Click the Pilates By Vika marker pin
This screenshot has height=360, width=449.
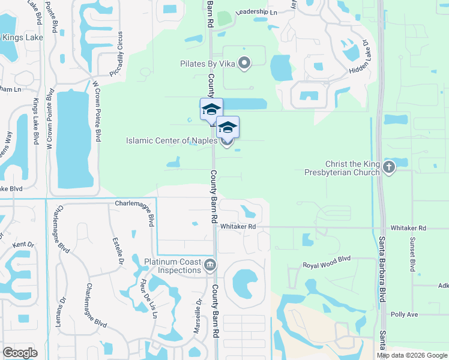coord(244,63)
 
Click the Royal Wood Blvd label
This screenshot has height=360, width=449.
coord(326,265)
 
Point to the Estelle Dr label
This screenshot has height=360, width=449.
coord(116,252)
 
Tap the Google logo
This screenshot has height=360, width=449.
coord(20,352)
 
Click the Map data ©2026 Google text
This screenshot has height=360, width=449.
coord(412,355)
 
